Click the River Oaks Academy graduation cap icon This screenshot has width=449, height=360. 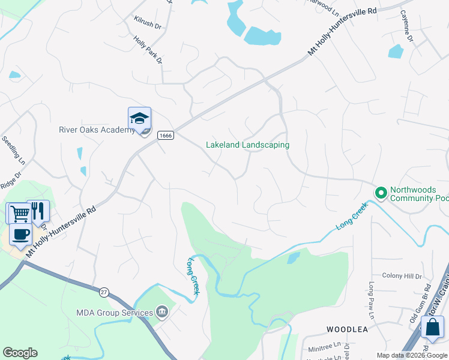(139, 118)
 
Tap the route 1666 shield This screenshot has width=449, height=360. (166, 136)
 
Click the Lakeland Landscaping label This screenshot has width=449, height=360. (247, 145)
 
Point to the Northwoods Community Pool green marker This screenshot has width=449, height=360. (380, 193)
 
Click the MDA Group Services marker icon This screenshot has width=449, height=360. (161, 312)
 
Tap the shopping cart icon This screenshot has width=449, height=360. (18, 213)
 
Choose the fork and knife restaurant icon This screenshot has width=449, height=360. (38, 211)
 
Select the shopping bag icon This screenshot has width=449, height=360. (432, 328)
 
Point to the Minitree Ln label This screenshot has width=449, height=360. (324, 346)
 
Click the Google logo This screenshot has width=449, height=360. (20, 353)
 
